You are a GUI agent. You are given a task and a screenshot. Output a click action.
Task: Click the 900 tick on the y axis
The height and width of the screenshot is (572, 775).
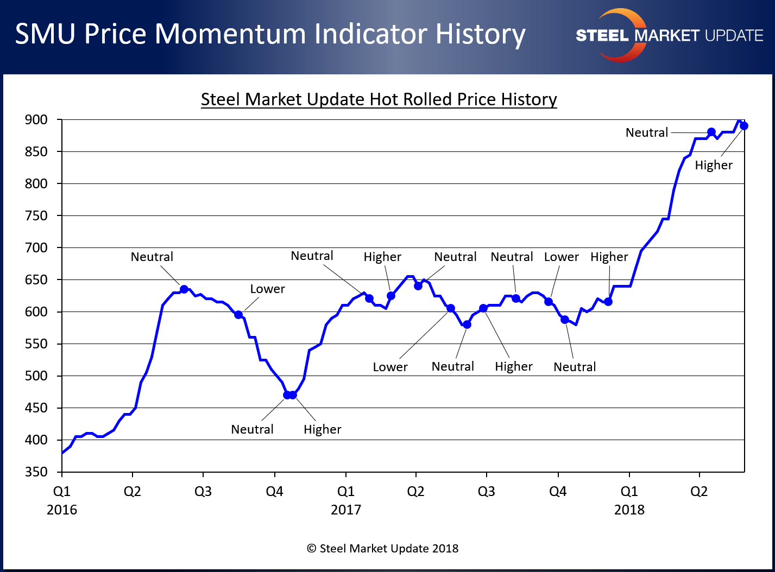click(36, 119)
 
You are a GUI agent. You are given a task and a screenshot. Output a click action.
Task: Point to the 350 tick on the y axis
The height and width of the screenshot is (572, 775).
click(36, 472)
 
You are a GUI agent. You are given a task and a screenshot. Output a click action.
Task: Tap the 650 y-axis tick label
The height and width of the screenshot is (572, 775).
click(36, 279)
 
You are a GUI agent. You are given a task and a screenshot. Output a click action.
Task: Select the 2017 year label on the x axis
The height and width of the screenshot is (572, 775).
click(346, 510)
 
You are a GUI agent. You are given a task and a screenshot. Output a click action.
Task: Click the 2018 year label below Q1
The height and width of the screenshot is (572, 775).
click(629, 510)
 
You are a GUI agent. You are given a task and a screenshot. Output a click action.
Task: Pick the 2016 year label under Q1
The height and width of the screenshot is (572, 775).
click(62, 510)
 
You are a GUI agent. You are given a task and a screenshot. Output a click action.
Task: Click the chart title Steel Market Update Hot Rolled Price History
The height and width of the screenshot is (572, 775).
click(379, 99)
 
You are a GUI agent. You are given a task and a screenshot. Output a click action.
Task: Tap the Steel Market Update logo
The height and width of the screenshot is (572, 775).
click(669, 35)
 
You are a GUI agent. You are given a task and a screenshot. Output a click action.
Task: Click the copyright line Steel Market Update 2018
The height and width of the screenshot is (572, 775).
click(383, 549)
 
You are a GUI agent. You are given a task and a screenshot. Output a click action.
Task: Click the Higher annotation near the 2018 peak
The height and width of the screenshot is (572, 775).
click(714, 165)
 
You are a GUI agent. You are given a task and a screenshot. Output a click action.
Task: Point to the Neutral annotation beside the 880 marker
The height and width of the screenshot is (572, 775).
click(647, 132)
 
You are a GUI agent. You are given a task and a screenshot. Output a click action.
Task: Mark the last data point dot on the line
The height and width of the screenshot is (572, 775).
click(744, 126)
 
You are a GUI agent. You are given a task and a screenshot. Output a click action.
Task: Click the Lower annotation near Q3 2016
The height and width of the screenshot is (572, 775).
click(267, 289)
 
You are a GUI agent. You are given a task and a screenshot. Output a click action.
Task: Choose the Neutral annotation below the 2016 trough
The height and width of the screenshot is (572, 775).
click(252, 429)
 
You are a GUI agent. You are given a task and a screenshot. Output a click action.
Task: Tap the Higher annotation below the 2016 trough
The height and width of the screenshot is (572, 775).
click(322, 429)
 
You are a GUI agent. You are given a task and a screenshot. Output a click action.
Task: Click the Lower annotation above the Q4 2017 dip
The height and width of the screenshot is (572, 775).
click(561, 257)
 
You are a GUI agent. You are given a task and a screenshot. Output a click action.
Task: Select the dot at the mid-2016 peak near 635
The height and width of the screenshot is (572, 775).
click(184, 289)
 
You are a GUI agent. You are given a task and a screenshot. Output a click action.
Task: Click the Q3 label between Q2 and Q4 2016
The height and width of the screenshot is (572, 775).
click(203, 491)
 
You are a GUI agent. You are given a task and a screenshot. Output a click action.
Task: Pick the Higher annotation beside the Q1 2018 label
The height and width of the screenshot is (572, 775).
click(609, 257)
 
